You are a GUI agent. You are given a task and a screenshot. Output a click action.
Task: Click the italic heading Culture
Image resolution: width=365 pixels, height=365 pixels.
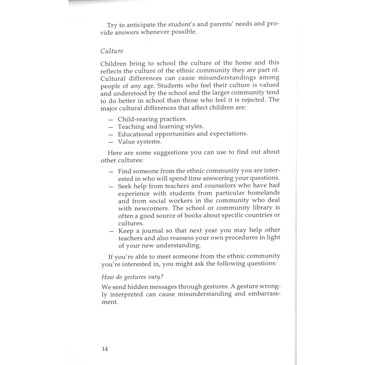[112, 51]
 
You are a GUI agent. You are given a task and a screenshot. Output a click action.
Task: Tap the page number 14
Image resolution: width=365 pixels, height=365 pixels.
[104, 349]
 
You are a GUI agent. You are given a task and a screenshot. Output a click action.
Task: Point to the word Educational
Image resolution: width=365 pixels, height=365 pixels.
[135, 134]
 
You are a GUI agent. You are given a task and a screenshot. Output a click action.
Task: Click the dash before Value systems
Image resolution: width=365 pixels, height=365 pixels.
[111, 142]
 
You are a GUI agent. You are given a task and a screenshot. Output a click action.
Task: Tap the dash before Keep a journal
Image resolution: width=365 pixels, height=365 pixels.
[111, 231]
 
